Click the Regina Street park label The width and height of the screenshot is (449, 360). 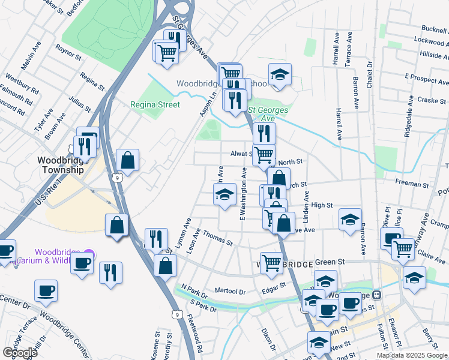pos(155,104)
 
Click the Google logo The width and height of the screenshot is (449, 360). pos(19,352)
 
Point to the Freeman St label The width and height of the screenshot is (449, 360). pos(411,182)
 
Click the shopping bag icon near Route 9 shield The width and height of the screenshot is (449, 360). pos(127,160)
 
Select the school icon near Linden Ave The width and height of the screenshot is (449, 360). pos(350,220)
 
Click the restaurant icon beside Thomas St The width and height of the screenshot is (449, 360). pos(155,238)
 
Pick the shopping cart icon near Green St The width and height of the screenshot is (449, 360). pos(271,263)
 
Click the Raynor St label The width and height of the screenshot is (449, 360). pos(68,52)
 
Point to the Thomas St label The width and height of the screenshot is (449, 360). pos(217,238)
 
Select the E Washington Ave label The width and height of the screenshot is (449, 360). pos(244,193)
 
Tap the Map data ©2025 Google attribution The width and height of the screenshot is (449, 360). pos(412,355)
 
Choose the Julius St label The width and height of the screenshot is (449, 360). pos(79,102)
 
